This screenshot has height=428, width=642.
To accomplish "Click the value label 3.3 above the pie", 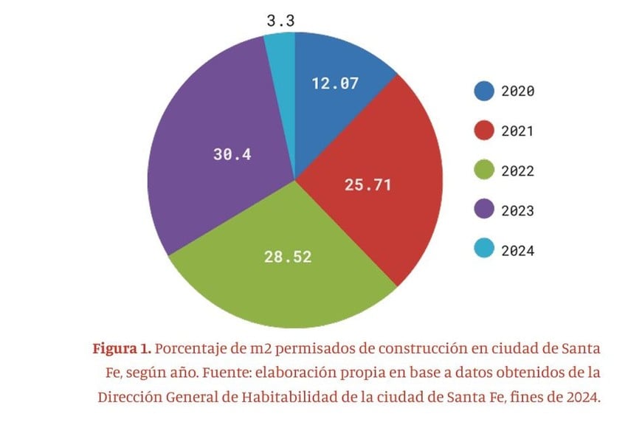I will coord(280,21).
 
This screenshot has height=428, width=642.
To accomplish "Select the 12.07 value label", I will coord(335,83).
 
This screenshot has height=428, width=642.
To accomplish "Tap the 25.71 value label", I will coord(367,184).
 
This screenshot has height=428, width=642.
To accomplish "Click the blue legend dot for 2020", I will coord(483,92).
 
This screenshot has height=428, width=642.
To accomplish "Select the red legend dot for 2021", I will coord(483,131).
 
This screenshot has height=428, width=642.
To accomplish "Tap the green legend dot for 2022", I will coord(483,171).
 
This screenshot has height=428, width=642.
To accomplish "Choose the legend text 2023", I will coord(517,211).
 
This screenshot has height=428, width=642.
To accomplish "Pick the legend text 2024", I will coord(517,251).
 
